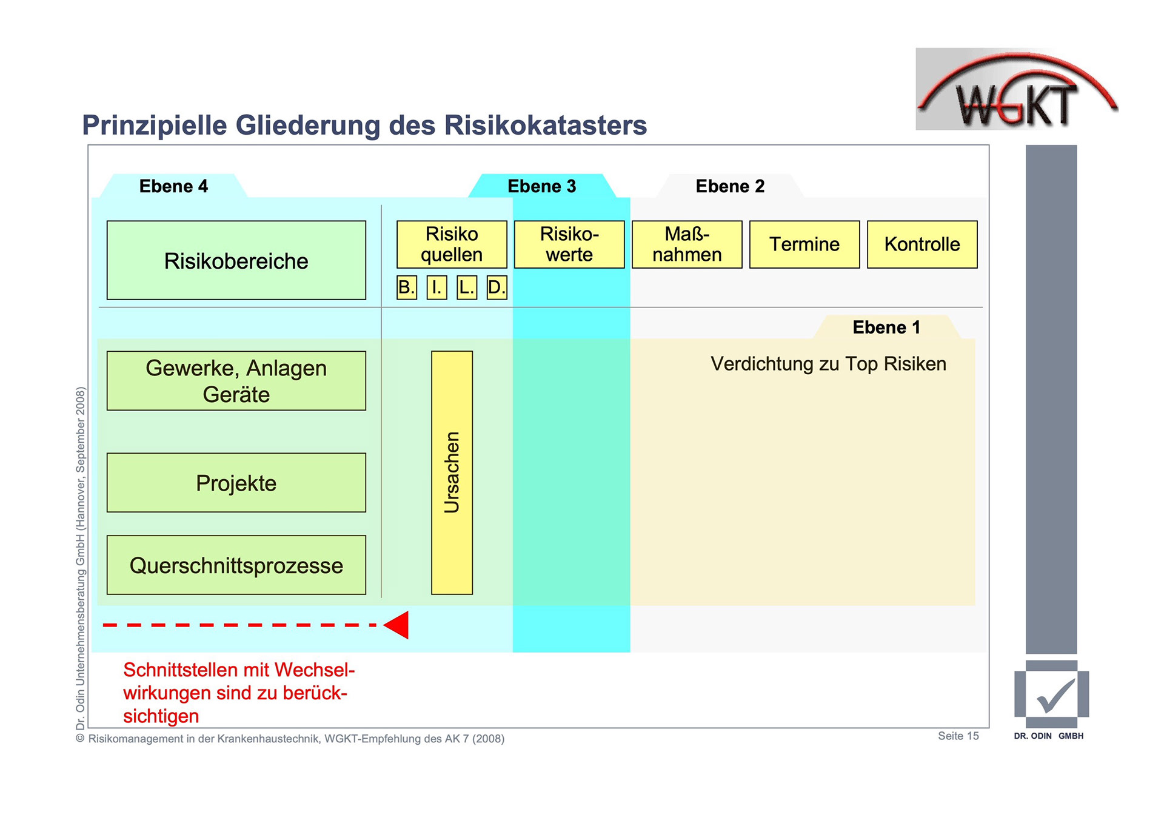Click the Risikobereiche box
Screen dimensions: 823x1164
click(236, 260)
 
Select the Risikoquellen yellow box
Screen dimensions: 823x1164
click(452, 244)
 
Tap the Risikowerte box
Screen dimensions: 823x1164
click(569, 244)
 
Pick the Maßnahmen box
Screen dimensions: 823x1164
click(687, 244)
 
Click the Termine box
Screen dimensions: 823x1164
click(804, 244)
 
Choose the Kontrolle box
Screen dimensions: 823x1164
click(922, 244)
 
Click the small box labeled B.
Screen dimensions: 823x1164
click(407, 287)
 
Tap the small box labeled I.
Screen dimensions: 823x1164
click(436, 287)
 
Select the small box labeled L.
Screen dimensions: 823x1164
click(466, 287)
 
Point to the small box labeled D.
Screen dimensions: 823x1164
click(497, 287)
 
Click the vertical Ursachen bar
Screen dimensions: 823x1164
click(452, 472)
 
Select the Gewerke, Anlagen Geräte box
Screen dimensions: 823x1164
click(236, 381)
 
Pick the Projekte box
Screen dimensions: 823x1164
click(236, 483)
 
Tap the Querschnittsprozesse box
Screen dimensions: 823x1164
click(236, 565)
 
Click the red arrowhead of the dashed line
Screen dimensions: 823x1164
click(398, 625)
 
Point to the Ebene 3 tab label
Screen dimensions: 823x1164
click(541, 186)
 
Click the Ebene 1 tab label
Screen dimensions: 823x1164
click(886, 328)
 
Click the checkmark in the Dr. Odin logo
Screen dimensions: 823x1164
click(1055, 695)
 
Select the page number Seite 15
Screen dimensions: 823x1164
click(958, 736)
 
